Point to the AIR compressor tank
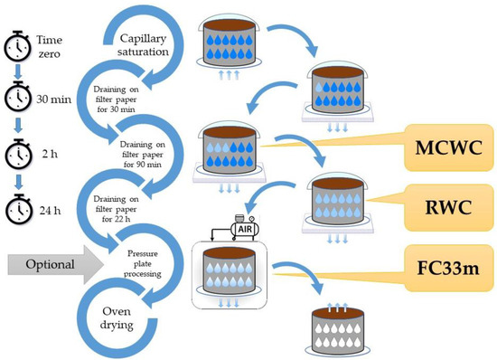(x=242, y=219)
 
